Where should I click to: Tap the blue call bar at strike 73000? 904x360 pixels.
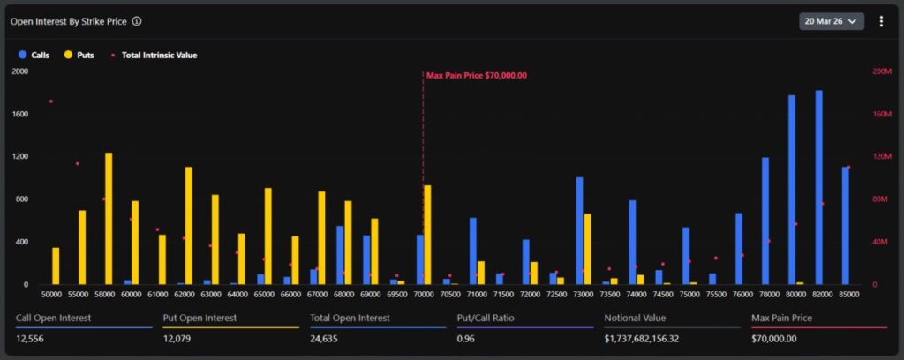(579, 231)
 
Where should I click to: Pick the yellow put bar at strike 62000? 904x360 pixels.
(189, 226)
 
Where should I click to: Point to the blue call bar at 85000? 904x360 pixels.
(845, 226)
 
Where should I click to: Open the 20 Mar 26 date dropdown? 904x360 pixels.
(831, 21)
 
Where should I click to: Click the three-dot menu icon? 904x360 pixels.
(880, 21)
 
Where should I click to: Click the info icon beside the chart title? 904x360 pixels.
(137, 21)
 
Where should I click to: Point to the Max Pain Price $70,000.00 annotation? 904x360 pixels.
(476, 75)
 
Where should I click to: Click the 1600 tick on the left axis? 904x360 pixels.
(19, 114)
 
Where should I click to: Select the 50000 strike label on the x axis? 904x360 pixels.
(53, 295)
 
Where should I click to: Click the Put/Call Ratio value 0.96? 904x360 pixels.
(467, 338)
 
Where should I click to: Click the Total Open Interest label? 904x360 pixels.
(350, 317)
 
